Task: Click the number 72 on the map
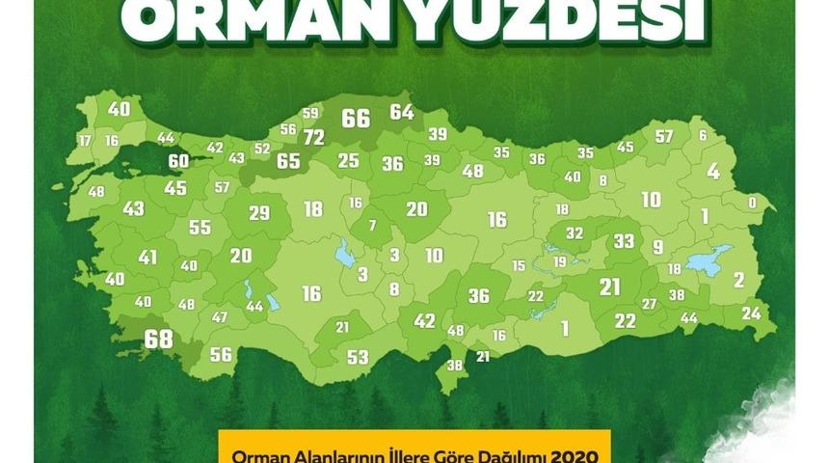313,138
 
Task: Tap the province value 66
356,119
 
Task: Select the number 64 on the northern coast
402,112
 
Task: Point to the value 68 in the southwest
158,340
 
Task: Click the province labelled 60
178,161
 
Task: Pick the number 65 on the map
288,161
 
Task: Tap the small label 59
309,114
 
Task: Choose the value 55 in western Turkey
200,228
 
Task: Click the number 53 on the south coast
358,358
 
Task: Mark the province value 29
259,213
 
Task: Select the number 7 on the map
373,226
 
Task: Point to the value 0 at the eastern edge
752,204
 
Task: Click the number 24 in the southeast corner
751,313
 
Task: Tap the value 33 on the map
625,240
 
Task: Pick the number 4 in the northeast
713,172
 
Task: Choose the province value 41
147,258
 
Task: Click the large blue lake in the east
708,259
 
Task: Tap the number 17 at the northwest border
85,141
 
